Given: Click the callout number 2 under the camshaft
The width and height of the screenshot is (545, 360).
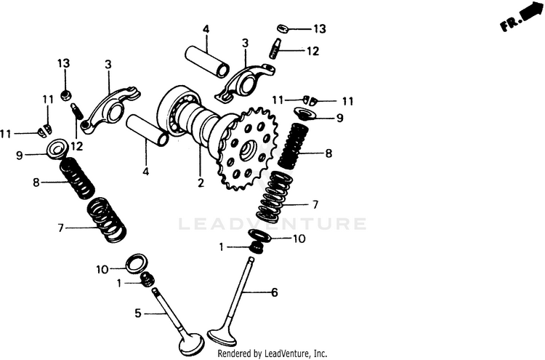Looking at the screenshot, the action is [x=201, y=183].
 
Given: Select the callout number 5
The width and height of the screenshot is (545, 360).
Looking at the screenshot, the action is [x=138, y=313].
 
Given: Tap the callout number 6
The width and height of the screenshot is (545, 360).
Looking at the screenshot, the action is [x=275, y=292].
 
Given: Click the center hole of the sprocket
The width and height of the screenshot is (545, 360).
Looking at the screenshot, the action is [x=249, y=151].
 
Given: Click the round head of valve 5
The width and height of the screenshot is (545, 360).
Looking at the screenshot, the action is [x=190, y=343].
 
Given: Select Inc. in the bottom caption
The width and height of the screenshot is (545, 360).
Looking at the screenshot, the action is [x=320, y=353].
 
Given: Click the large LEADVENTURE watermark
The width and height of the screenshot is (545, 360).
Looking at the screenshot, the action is [x=272, y=224].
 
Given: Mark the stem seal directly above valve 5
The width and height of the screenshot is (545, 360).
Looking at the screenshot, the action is [x=147, y=279].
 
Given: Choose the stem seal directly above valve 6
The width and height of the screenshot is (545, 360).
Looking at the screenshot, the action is [x=257, y=248].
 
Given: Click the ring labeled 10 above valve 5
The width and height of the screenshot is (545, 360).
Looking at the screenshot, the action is [x=137, y=264].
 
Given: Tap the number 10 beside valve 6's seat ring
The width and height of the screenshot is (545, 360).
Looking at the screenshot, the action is [x=299, y=239].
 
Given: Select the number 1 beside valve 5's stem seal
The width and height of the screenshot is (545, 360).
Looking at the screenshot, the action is [x=119, y=284].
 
